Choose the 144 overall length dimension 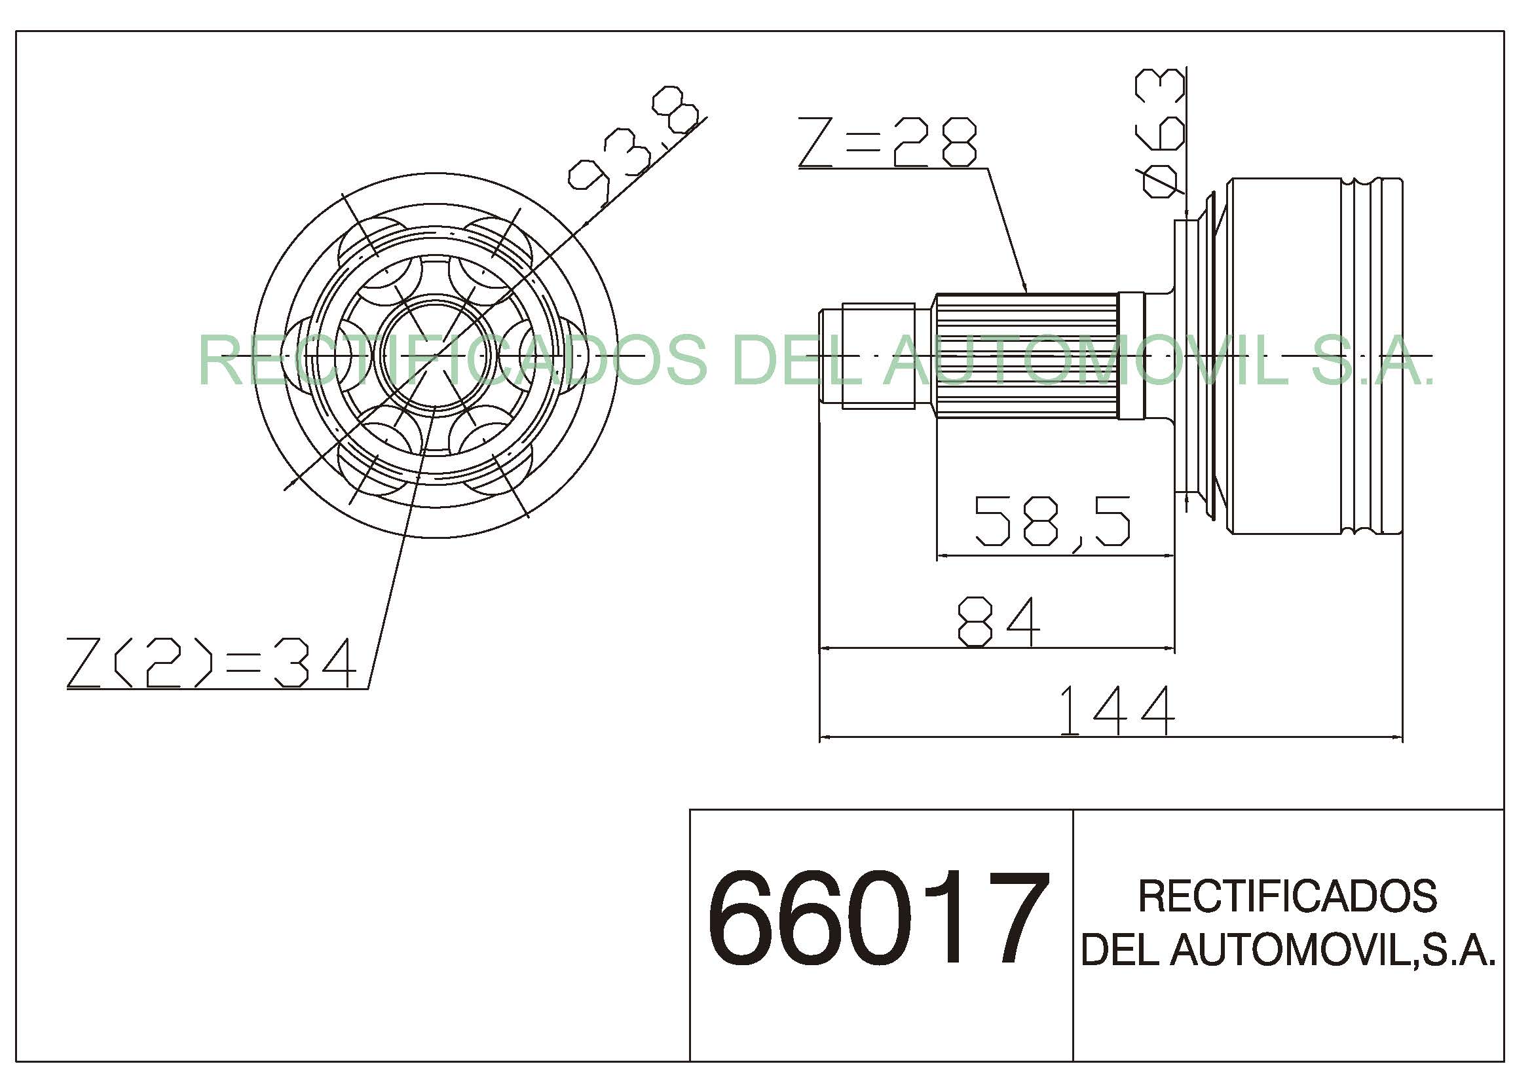pos(1117,710)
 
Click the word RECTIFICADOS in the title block pos(1287,896)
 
